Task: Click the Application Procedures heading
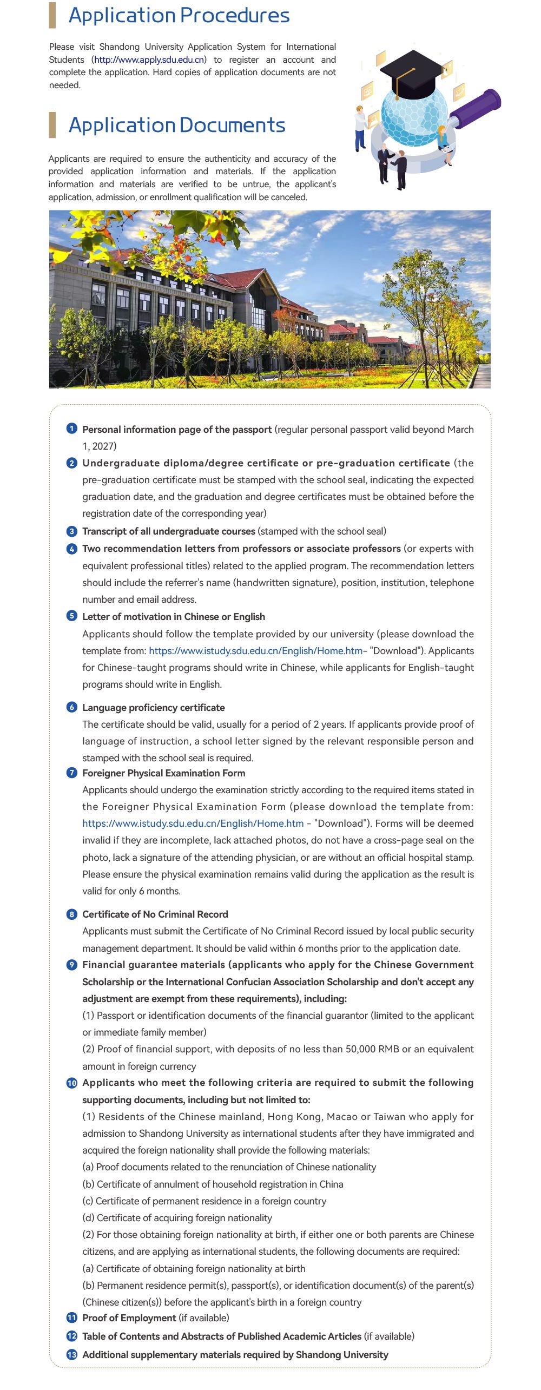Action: [x=179, y=15]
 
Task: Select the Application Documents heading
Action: [x=177, y=125]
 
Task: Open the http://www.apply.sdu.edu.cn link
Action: [x=149, y=60]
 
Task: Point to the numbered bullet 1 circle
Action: [x=71, y=429]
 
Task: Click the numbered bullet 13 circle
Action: [x=71, y=1355]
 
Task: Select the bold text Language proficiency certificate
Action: [x=153, y=707]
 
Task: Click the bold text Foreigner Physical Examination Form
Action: [x=163, y=773]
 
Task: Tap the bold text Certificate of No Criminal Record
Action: [x=155, y=914]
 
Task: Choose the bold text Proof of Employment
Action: [x=129, y=1318]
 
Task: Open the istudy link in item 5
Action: [x=255, y=650]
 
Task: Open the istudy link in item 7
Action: [x=193, y=823]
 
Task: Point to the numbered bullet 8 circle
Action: [x=71, y=914]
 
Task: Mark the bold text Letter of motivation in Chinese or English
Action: [x=173, y=616]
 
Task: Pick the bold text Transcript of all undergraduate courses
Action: [x=168, y=531]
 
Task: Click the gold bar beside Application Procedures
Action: [x=52, y=15]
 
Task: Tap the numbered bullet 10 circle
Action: [x=71, y=1083]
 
